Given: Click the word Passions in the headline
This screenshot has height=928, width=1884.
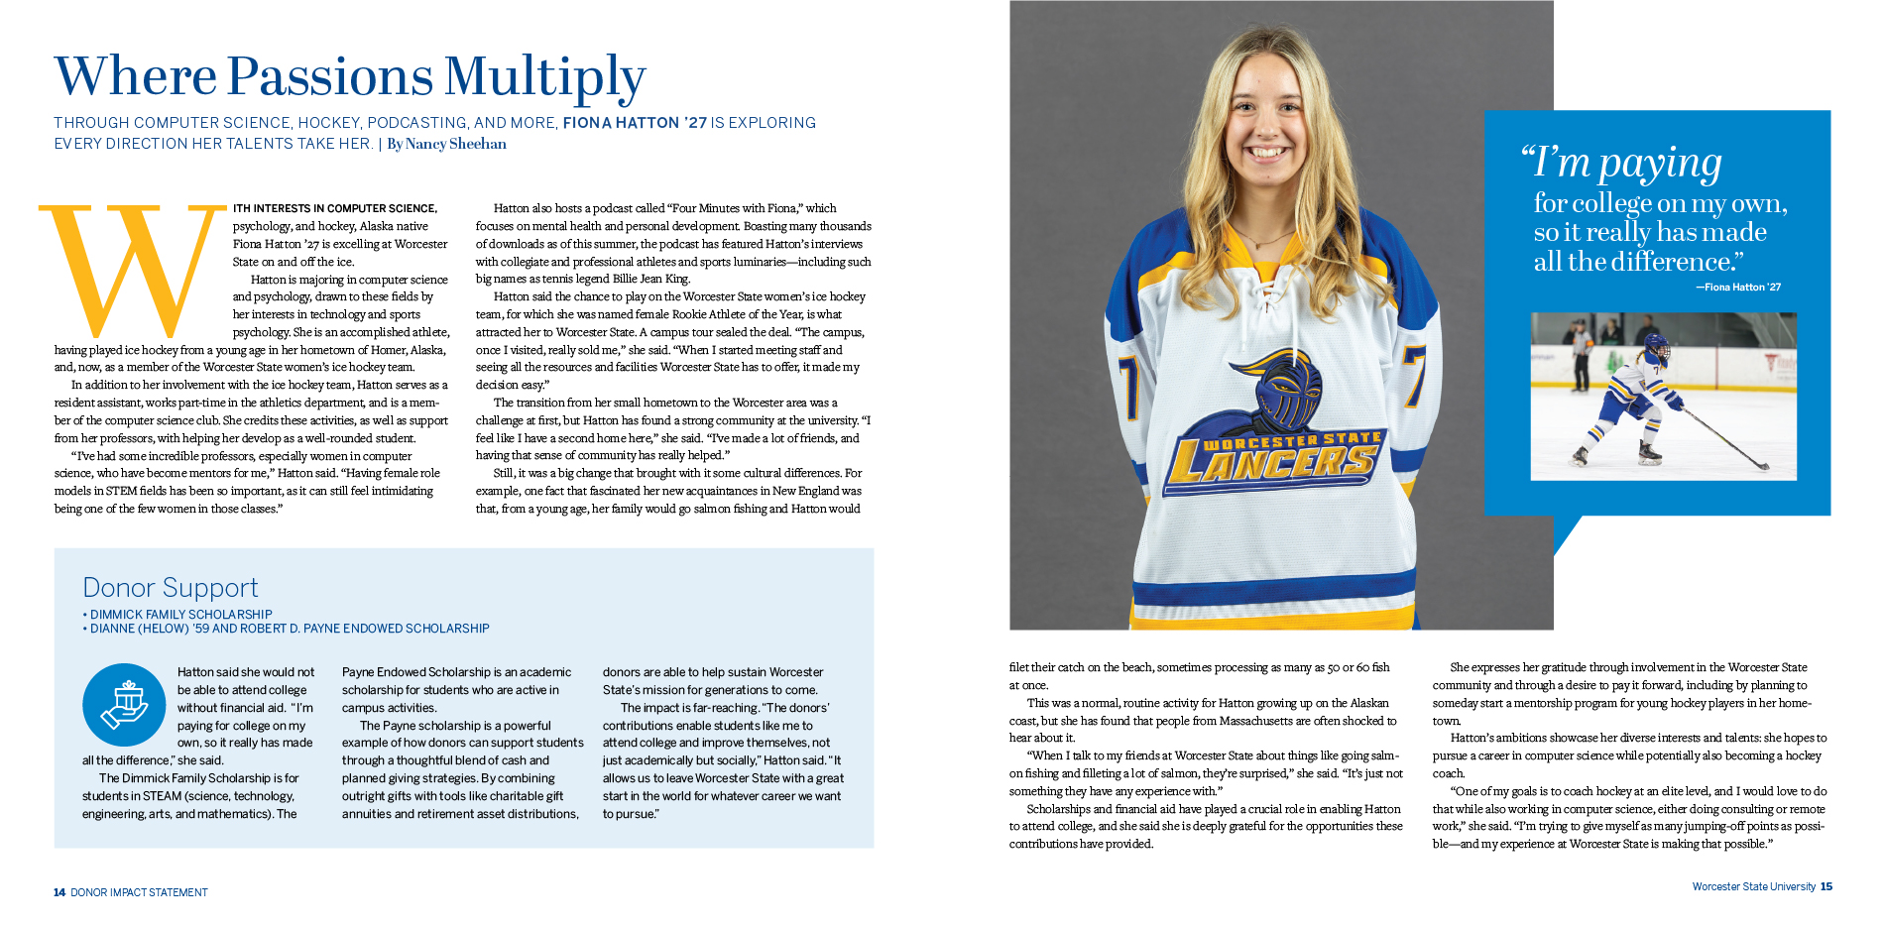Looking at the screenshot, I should click(330, 77).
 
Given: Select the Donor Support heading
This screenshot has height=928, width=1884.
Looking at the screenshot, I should click(171, 588).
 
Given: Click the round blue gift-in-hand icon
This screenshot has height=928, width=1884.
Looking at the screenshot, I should click(124, 705).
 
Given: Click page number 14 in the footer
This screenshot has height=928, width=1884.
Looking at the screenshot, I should click(59, 892).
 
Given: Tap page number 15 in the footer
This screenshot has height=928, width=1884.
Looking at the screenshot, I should click(1826, 886).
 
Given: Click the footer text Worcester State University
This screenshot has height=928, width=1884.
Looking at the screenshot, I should click(1753, 886).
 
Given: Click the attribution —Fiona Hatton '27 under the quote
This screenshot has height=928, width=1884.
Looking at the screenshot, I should click(1738, 288).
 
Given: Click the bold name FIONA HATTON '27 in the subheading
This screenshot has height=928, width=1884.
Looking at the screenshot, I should click(635, 123).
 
